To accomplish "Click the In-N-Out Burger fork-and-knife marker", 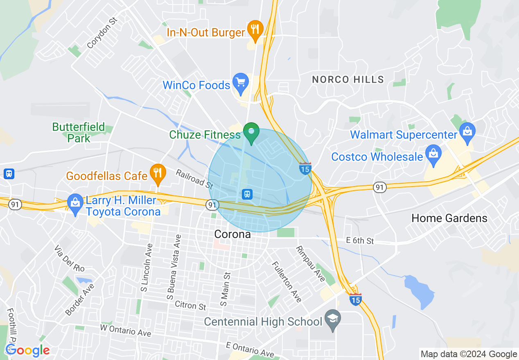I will [x=255, y=29].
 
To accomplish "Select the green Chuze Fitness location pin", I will [x=251, y=132].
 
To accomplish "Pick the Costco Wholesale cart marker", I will [x=433, y=154].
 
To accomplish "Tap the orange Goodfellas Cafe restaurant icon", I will [x=157, y=173].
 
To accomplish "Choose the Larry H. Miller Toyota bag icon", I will [x=75, y=203].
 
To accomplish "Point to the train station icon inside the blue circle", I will [x=247, y=194].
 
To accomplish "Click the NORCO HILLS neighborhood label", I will [x=348, y=80].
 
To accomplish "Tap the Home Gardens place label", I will [x=449, y=218].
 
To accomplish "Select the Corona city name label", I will [x=232, y=234].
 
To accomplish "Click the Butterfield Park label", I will [x=79, y=133].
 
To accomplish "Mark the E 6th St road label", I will [x=360, y=241].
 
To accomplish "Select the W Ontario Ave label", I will [x=126, y=331].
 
